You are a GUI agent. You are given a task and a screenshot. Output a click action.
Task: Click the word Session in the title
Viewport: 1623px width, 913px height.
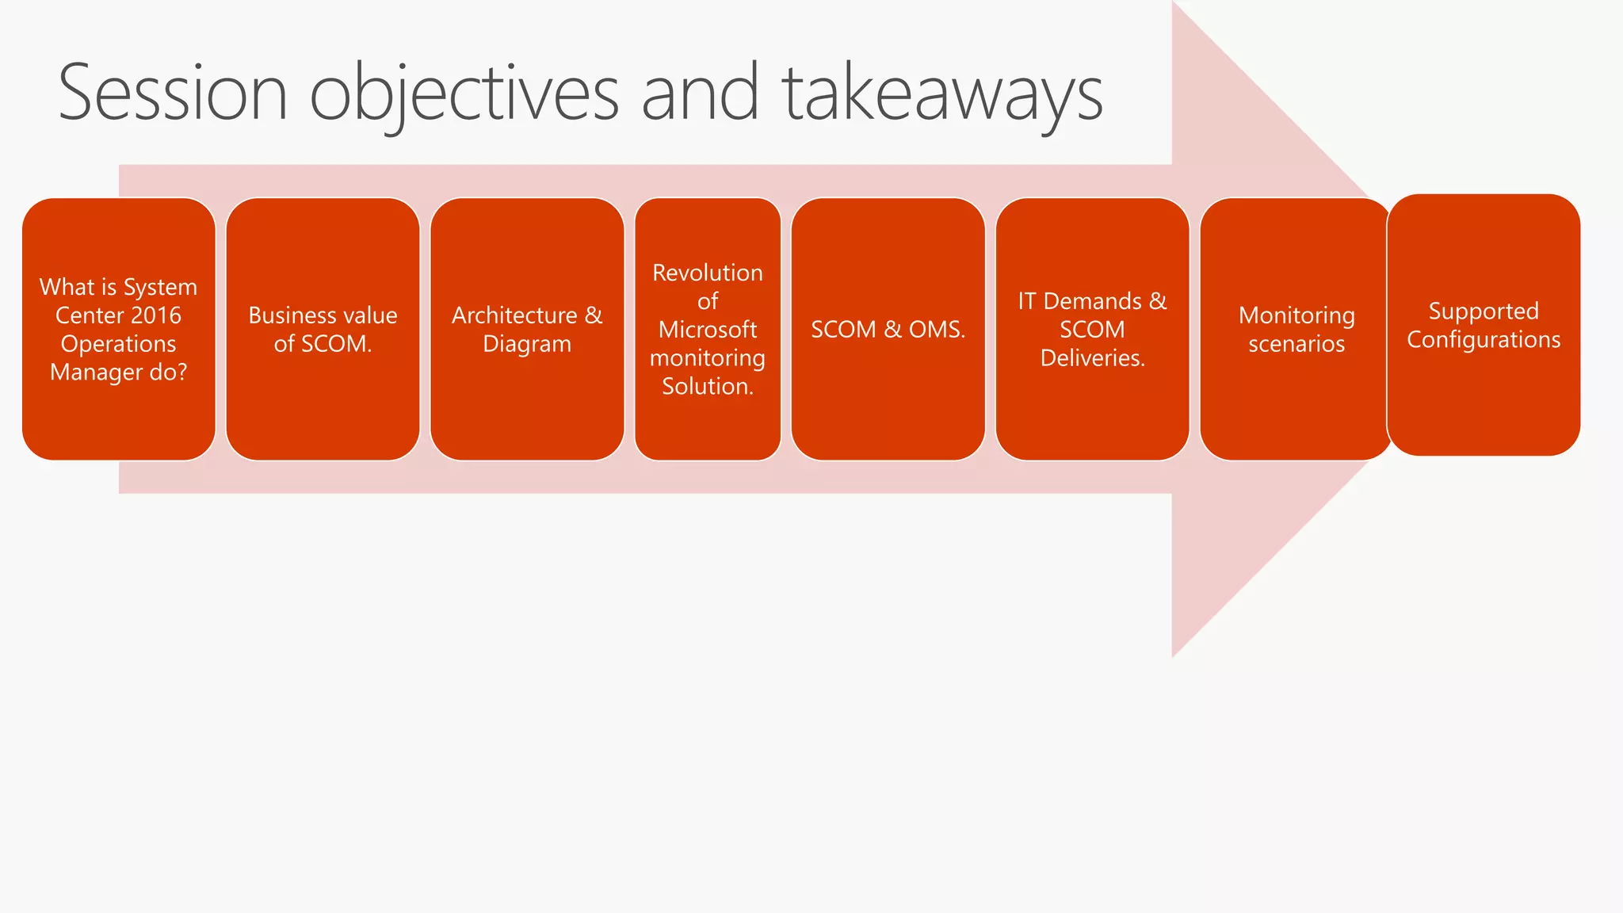172,94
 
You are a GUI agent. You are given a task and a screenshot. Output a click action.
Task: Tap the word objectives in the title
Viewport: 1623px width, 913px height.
464,94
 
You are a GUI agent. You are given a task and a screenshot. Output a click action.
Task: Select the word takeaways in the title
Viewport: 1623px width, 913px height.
942,94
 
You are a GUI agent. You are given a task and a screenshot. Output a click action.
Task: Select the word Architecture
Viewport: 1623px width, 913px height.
514,315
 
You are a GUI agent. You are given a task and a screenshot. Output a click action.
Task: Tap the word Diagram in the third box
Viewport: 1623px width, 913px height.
527,344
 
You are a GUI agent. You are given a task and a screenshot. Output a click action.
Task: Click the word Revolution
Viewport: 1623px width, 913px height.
708,273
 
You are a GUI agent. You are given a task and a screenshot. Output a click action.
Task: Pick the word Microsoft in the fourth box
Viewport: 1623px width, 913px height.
708,330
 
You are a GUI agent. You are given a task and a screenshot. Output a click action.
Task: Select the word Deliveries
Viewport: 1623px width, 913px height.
1091,358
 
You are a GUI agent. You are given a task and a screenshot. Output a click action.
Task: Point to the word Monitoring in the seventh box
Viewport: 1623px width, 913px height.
1296,315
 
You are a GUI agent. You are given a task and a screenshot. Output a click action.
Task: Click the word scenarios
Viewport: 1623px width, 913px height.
1296,344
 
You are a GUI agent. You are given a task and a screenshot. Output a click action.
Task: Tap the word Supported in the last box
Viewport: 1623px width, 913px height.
1484,311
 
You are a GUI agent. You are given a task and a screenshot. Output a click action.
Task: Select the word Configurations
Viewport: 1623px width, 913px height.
1484,340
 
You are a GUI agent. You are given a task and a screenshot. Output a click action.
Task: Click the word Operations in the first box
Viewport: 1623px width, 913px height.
119,344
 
